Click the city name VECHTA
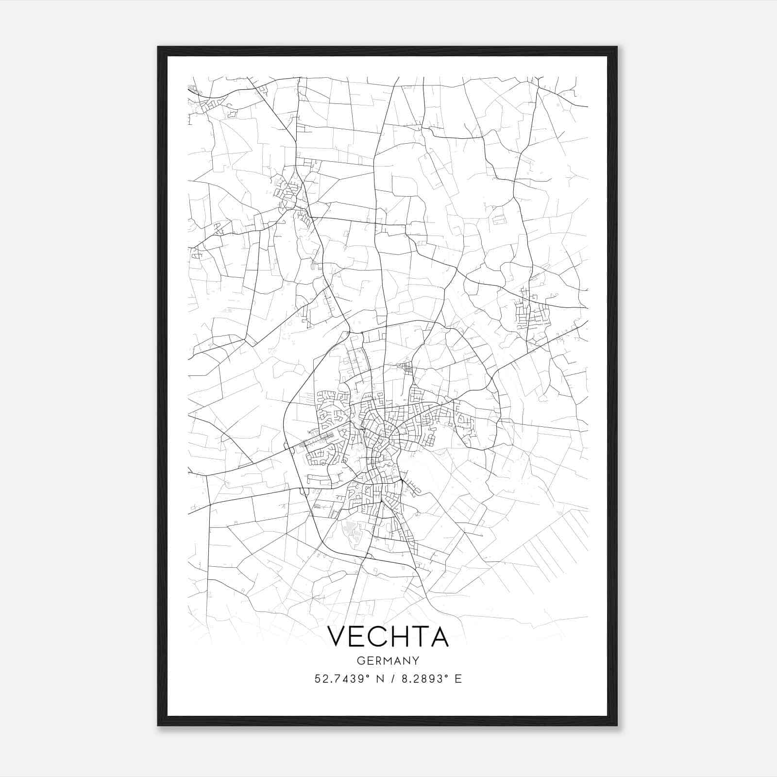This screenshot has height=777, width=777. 388,637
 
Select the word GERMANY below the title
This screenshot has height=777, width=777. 388,660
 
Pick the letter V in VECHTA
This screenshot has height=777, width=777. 337,637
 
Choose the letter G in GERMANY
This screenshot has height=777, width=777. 361,660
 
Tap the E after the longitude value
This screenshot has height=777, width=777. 458,679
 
